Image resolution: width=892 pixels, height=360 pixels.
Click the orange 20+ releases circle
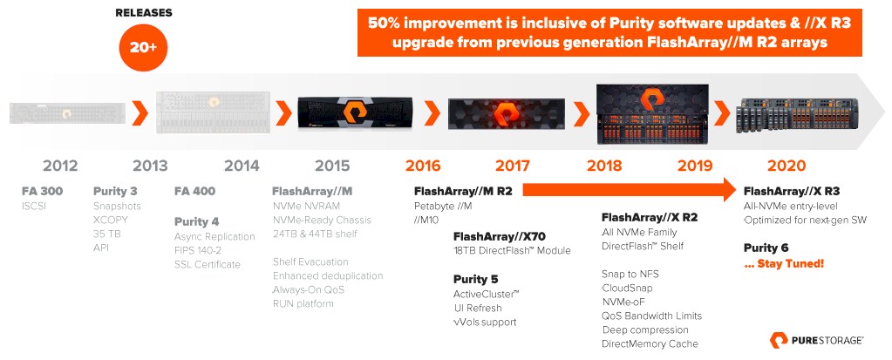tap(143, 48)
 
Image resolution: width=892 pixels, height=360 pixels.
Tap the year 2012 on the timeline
tap(60, 166)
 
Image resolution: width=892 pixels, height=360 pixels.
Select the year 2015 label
tap(333, 166)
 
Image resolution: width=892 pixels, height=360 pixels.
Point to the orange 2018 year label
tap(605, 166)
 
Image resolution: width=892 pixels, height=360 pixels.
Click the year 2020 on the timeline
tap(786, 166)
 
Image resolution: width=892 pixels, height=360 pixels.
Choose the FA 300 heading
tap(43, 191)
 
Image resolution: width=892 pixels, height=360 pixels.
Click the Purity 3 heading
tap(115, 191)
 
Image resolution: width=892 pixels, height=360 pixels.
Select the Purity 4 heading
tap(197, 221)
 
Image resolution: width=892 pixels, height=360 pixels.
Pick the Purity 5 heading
tap(475, 279)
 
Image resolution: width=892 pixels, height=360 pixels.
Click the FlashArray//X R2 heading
tap(650, 217)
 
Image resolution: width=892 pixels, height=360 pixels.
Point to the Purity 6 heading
tap(766, 248)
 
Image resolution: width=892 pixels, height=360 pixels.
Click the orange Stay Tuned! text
tap(784, 264)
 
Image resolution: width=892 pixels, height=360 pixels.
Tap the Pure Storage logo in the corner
tap(817, 340)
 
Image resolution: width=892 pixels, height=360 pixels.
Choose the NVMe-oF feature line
tap(624, 302)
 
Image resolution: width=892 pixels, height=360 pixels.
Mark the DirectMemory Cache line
tap(650, 343)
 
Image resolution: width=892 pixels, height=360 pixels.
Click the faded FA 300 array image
tap(68, 112)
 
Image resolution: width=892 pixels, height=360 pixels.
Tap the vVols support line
tap(486, 322)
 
